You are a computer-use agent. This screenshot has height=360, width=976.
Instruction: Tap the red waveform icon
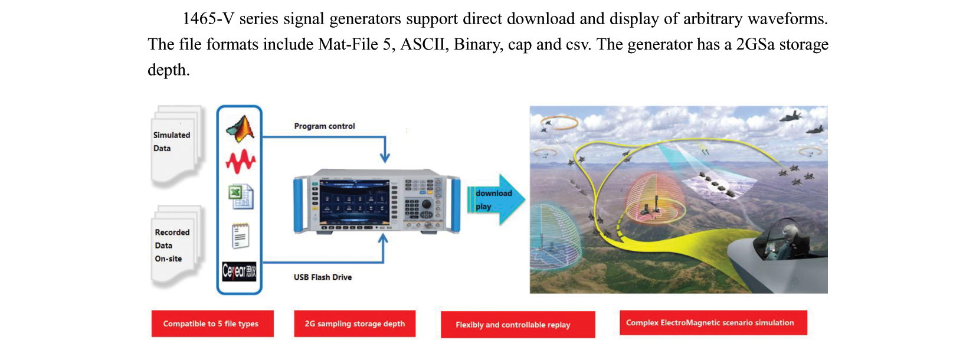point(240,161)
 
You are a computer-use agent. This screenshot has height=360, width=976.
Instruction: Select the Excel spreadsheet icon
point(241,197)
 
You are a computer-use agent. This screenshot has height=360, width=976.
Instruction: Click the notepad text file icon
point(240,236)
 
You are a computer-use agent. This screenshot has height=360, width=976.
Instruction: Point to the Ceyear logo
point(239,271)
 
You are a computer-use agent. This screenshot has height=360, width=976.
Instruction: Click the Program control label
point(325,126)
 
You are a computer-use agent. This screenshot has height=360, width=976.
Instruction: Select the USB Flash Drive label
point(323,277)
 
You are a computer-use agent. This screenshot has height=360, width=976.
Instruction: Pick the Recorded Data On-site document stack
point(176,246)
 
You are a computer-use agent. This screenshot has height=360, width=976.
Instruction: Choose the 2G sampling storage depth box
point(355,324)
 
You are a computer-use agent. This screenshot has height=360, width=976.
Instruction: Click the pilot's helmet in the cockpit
point(788,228)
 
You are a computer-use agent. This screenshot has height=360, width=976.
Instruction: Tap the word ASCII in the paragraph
point(424,45)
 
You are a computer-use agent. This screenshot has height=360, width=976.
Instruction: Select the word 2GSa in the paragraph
point(755,45)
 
